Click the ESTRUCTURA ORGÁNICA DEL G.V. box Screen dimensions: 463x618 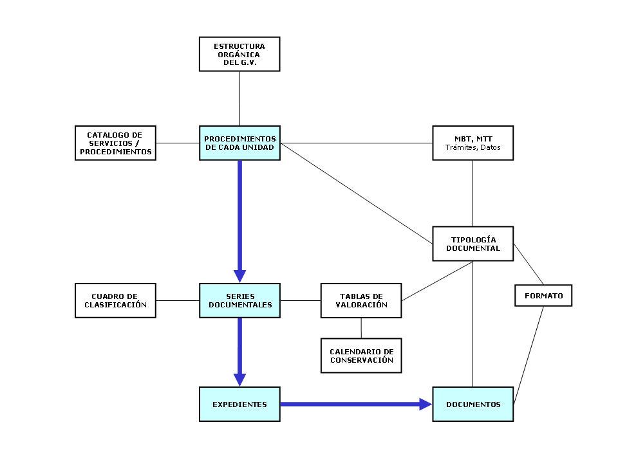click(239, 53)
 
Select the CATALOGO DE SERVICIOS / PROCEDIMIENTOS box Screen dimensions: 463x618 click(116, 143)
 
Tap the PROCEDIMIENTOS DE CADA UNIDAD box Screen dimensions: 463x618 click(239, 143)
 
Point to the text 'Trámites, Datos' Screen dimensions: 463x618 click(473, 148)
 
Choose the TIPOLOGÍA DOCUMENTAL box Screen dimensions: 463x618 click(473, 244)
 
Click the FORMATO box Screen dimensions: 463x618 click(543, 296)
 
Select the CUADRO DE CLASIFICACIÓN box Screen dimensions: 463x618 click(116, 300)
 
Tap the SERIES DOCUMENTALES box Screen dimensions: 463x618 click(239, 300)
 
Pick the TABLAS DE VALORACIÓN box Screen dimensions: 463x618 click(361, 300)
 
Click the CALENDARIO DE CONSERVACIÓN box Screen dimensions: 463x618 click(361, 356)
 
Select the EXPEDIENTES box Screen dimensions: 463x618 click(239, 404)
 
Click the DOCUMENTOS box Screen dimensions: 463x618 click(473, 404)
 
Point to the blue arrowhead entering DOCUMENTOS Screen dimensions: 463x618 click(426, 404)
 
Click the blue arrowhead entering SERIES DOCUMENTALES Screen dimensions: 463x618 click(239, 276)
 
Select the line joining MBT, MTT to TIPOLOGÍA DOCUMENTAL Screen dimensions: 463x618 click(473, 193)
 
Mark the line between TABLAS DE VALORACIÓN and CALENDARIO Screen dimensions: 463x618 click(361, 328)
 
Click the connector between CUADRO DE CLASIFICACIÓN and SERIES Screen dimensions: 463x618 click(178, 300)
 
